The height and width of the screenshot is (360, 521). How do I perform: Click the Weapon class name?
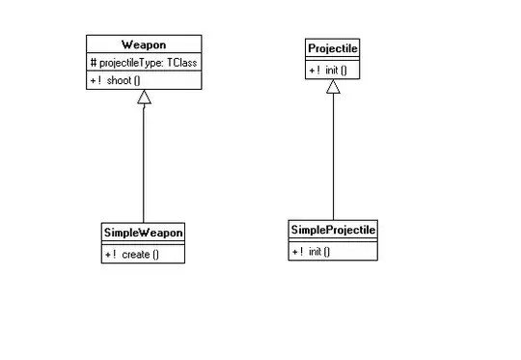[144, 45]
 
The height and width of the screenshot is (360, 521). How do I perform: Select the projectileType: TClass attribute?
[144, 63]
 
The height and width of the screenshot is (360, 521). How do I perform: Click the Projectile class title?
[333, 48]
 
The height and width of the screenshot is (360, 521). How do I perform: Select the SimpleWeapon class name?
[143, 233]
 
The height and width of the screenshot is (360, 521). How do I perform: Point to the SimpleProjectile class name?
[333, 230]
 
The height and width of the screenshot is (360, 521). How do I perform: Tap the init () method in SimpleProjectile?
[318, 251]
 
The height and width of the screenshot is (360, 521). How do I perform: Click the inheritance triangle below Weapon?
[143, 97]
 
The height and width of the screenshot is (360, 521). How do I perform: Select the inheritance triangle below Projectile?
[333, 87]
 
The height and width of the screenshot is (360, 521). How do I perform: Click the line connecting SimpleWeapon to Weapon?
[143, 164]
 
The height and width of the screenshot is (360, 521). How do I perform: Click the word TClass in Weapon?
[182, 63]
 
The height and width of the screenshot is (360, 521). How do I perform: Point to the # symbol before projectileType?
[92, 63]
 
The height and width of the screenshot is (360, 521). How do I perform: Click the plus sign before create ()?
[107, 254]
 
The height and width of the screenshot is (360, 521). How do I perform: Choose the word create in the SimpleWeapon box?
[135, 254]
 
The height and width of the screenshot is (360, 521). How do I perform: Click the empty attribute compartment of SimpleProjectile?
[333, 241]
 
